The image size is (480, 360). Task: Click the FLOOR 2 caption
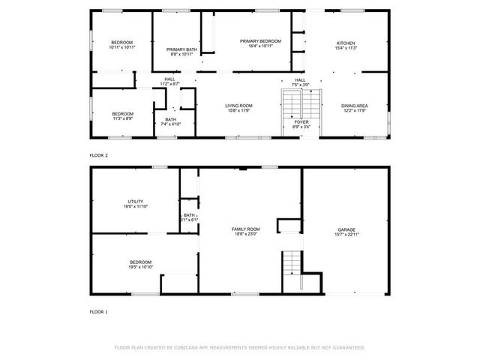tap(99, 155)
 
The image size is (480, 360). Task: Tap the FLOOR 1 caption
tap(99, 311)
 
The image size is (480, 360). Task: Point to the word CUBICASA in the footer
tap(185, 348)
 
